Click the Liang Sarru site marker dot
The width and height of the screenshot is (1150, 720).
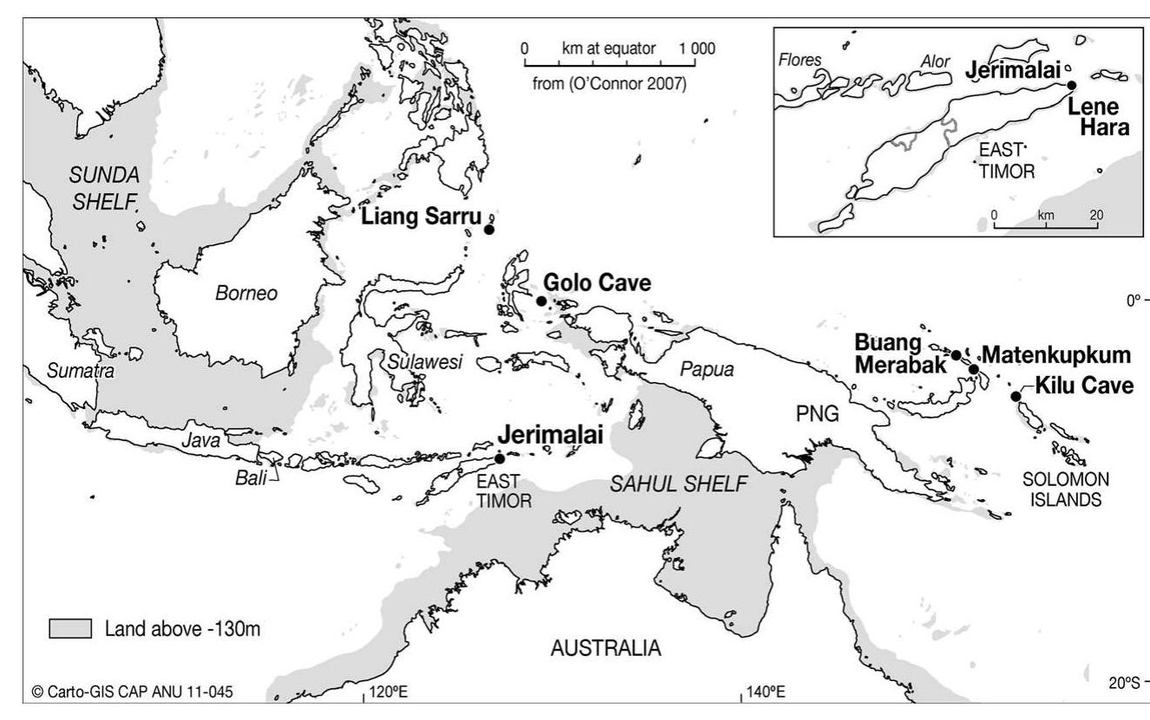(488, 230)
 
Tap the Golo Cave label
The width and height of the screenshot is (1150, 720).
(597, 283)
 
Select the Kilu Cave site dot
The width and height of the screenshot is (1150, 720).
(1016, 397)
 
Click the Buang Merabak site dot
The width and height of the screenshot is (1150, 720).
(956, 355)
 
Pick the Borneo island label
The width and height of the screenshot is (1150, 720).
(246, 294)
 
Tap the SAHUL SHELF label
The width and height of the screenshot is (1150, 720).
(677, 485)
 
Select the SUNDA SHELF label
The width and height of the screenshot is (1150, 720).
(105, 188)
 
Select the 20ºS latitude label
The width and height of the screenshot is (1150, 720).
(1124, 683)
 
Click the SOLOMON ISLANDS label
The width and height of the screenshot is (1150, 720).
(1063, 490)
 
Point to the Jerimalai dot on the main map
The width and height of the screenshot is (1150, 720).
(500, 458)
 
